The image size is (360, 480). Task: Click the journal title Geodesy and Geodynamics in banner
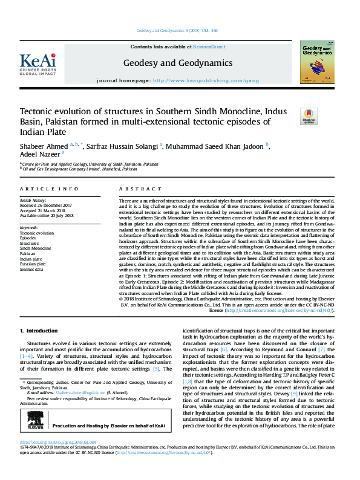tap(177, 63)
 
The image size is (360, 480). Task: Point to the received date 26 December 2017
tap(57, 205)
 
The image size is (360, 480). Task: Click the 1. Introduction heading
tap(39, 331)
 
